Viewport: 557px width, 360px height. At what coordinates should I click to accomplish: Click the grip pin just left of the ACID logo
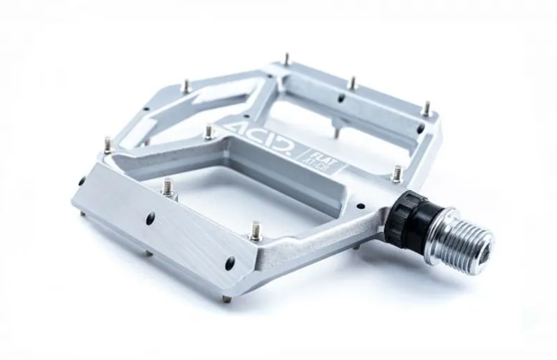point(209,130)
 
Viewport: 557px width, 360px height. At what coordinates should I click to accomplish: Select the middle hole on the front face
point(150,219)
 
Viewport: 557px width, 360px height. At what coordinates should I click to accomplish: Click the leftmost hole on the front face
point(82,181)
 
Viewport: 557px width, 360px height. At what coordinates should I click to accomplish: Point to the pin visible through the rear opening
point(336,130)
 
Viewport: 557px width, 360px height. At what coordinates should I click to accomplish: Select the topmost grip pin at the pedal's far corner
point(286,58)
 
